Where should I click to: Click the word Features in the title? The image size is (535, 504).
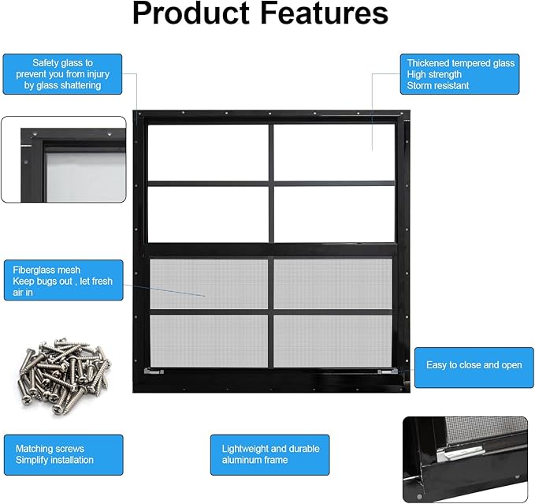click(x=324, y=13)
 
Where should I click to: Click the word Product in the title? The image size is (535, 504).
click(x=191, y=13)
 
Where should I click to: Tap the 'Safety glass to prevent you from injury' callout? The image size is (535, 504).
click(x=62, y=74)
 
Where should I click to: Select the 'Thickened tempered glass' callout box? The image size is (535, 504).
click(x=459, y=74)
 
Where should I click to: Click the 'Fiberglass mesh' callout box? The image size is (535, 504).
click(x=64, y=280)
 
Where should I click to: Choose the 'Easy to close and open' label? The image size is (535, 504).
click(x=474, y=368)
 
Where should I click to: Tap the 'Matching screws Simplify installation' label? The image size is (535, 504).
click(x=64, y=455)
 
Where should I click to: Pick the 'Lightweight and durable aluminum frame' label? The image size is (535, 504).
click(x=270, y=455)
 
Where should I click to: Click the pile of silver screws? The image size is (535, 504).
click(x=65, y=375)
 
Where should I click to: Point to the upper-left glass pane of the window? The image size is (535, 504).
click(x=208, y=153)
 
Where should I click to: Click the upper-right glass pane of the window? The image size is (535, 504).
click(x=334, y=152)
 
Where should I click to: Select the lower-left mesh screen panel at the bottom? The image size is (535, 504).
click(x=209, y=341)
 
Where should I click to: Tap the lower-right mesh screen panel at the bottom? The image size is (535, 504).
click(x=333, y=341)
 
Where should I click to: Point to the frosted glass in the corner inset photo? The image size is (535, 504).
click(x=86, y=177)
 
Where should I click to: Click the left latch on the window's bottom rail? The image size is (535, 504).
click(x=154, y=371)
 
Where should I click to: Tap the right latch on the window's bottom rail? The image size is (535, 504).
click(x=388, y=371)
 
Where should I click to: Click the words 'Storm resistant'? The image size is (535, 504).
click(x=438, y=85)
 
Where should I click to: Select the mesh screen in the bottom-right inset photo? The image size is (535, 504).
click(x=486, y=430)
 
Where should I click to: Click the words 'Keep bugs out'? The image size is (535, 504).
click(x=43, y=281)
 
